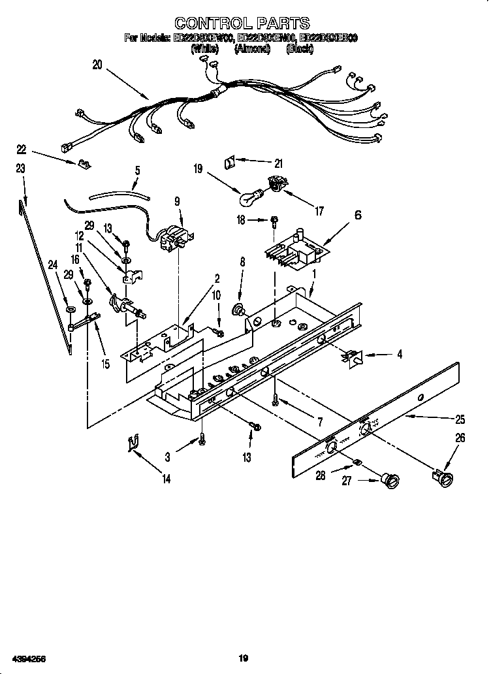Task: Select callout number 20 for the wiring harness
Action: point(97,65)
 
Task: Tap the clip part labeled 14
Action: point(133,444)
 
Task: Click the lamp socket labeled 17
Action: point(277,186)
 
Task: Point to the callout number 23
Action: point(21,168)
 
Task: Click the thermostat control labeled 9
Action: point(174,237)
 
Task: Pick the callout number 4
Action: point(399,355)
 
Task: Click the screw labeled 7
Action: point(277,396)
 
